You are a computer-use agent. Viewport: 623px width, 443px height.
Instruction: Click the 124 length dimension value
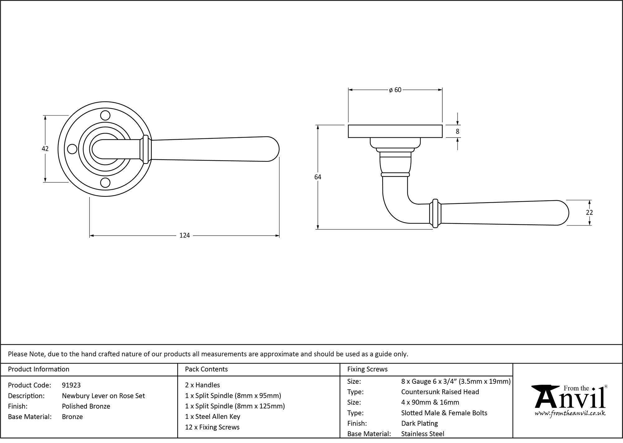(x=184, y=236)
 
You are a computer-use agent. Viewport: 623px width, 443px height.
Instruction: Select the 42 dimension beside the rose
(x=45, y=149)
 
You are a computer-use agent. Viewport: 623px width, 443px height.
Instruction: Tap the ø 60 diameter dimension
(x=395, y=90)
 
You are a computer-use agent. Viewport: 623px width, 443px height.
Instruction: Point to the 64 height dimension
(x=317, y=177)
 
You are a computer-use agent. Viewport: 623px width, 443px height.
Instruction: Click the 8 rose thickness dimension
(x=457, y=132)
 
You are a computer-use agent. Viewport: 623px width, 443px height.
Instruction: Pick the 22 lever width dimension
(x=589, y=213)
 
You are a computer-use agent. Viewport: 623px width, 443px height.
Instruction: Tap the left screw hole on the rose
(x=72, y=149)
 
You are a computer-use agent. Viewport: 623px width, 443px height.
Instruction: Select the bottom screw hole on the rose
(x=106, y=183)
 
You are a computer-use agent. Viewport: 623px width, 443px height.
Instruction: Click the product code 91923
(x=71, y=385)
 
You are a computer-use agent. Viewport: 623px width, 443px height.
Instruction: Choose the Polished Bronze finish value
(x=86, y=407)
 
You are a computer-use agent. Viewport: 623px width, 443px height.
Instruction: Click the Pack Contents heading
(x=206, y=369)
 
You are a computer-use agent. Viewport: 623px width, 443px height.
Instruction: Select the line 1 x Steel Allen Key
(x=212, y=417)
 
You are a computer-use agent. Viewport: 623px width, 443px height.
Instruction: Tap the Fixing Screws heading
(x=367, y=369)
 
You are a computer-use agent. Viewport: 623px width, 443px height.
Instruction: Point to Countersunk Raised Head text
(x=440, y=392)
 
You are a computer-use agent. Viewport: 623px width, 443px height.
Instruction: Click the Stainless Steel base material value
(x=423, y=434)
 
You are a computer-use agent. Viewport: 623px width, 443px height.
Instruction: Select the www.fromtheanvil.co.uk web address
(x=570, y=414)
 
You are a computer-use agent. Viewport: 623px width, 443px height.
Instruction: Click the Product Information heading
(x=39, y=369)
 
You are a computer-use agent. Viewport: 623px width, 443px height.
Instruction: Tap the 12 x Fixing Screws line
(x=212, y=427)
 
